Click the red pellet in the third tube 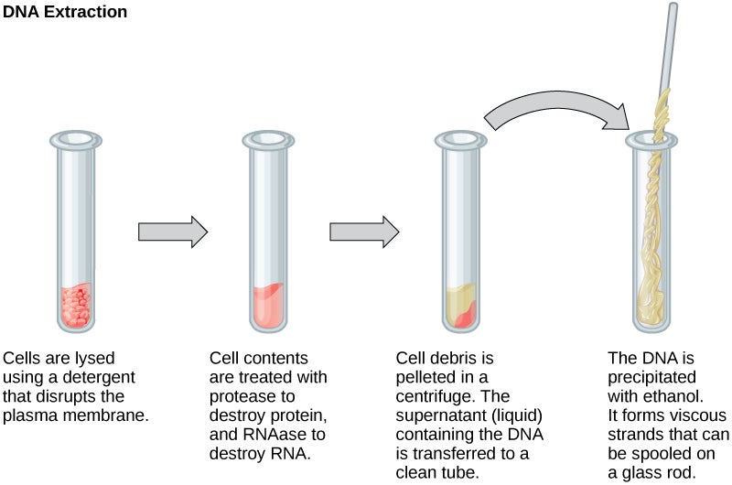click(466, 314)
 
